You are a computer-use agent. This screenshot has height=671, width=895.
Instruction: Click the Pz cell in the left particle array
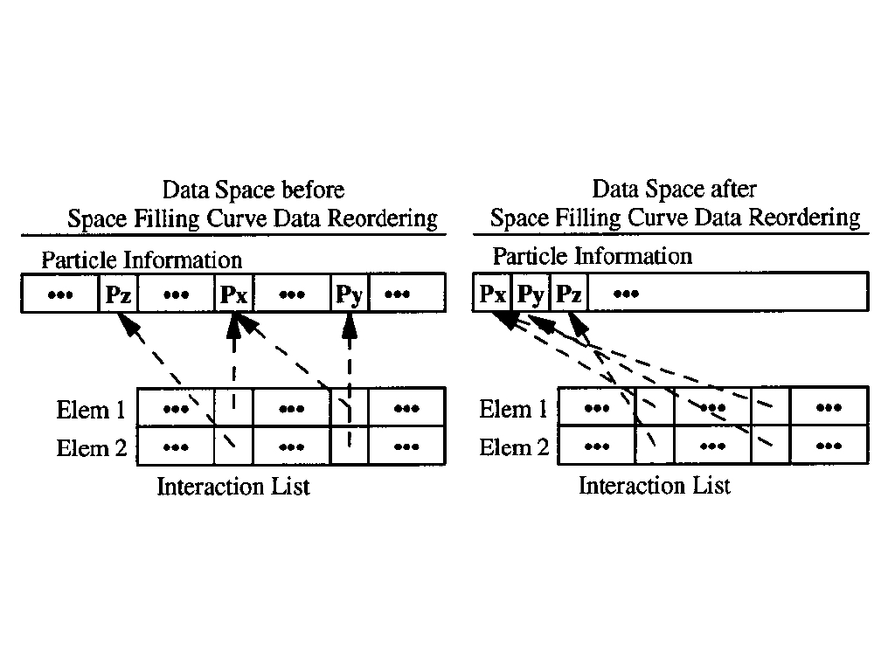coord(118,294)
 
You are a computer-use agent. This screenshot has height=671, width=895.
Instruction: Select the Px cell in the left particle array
coord(233,294)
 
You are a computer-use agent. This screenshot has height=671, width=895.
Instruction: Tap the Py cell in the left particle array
coord(349,294)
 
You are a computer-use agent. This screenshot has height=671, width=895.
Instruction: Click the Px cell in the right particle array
coord(492,294)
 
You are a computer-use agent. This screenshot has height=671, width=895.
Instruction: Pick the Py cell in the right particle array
coord(531,294)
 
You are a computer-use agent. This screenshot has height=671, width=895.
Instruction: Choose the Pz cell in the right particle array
coord(568,294)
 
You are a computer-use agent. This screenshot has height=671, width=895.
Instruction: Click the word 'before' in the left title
coord(315,190)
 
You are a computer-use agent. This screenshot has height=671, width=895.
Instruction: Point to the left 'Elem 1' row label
coord(92,410)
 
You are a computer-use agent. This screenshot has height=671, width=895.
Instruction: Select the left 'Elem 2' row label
coord(92,448)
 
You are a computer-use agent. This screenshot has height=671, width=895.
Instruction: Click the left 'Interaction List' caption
coord(233,487)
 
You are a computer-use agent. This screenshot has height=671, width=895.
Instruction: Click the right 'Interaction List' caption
coord(655,486)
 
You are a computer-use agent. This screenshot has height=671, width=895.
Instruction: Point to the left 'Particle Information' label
coord(142,259)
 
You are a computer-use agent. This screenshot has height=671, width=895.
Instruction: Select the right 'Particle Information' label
coord(593,256)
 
